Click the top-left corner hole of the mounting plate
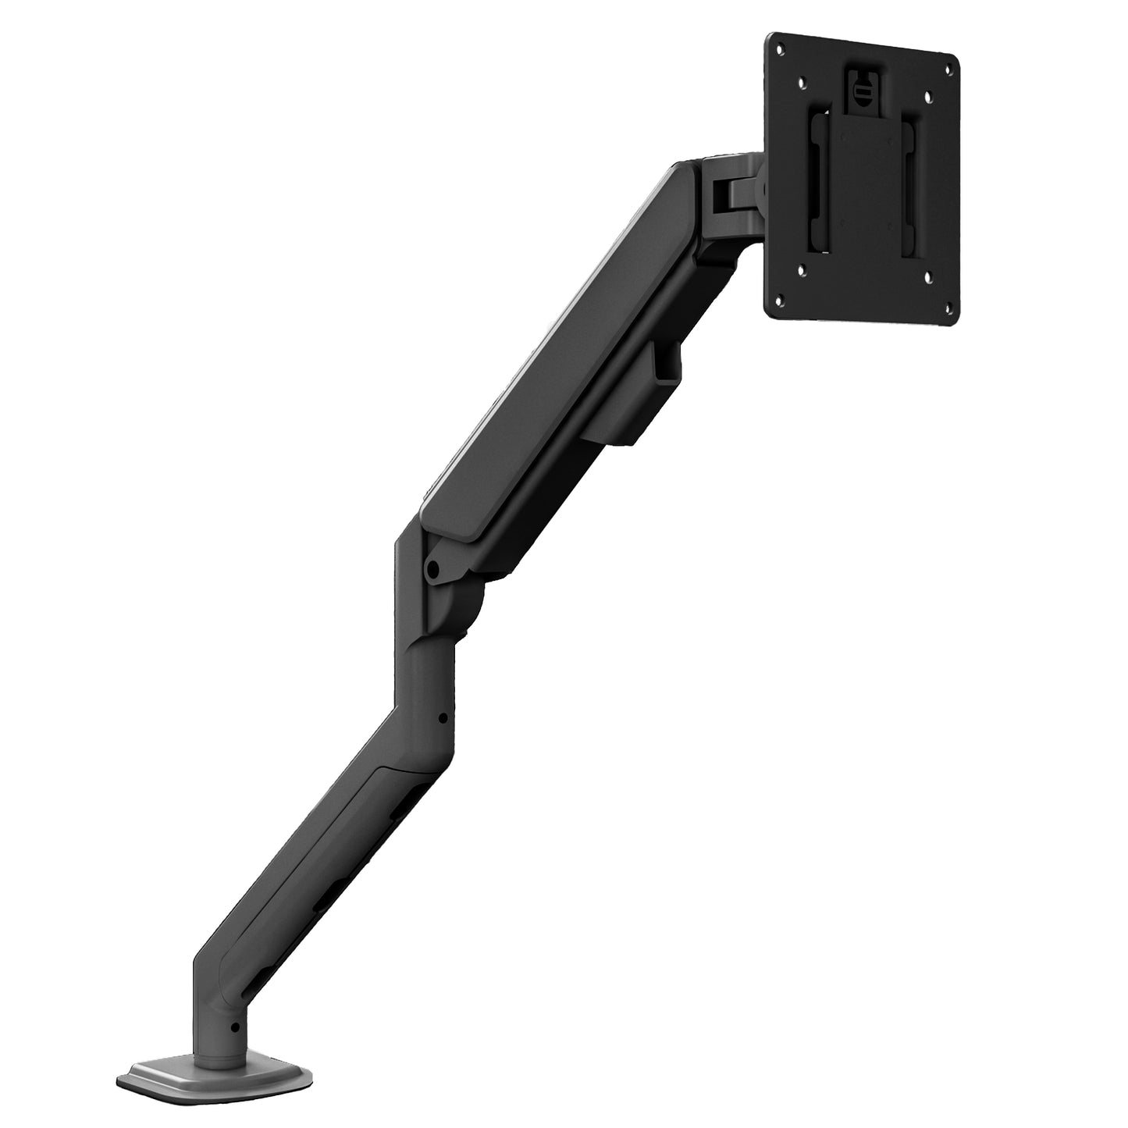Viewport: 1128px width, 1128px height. pos(778,47)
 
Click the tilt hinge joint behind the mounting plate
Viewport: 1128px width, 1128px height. pos(734,191)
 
